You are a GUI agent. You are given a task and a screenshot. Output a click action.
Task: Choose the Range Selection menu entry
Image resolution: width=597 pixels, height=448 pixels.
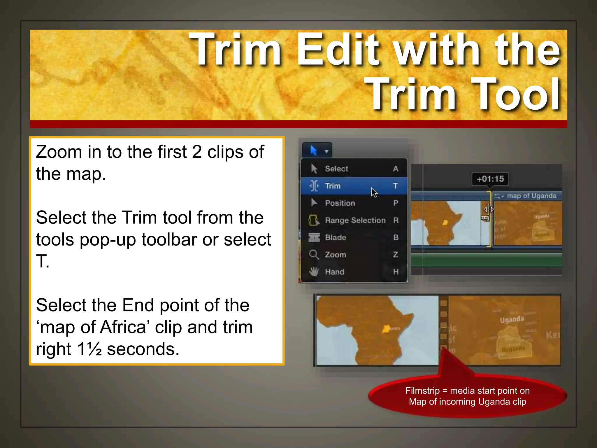tap(355, 220)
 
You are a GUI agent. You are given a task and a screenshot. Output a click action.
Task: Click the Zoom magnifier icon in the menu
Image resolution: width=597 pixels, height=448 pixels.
tap(314, 255)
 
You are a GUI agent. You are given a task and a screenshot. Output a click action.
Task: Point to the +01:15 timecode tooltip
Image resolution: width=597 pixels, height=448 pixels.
tap(490, 179)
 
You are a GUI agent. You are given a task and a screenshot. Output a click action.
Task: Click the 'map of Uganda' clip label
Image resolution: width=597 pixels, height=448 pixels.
tap(531, 196)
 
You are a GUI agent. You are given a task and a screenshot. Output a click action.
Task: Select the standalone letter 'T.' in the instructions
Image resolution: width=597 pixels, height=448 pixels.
tap(43, 261)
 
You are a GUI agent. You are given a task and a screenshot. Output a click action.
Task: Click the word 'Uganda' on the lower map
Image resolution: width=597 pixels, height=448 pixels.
tap(512, 319)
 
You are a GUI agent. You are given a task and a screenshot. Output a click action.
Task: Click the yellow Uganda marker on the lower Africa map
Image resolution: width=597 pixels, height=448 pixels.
tap(387, 329)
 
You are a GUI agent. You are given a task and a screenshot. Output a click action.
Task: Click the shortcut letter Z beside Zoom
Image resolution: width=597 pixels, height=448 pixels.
tap(395, 255)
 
